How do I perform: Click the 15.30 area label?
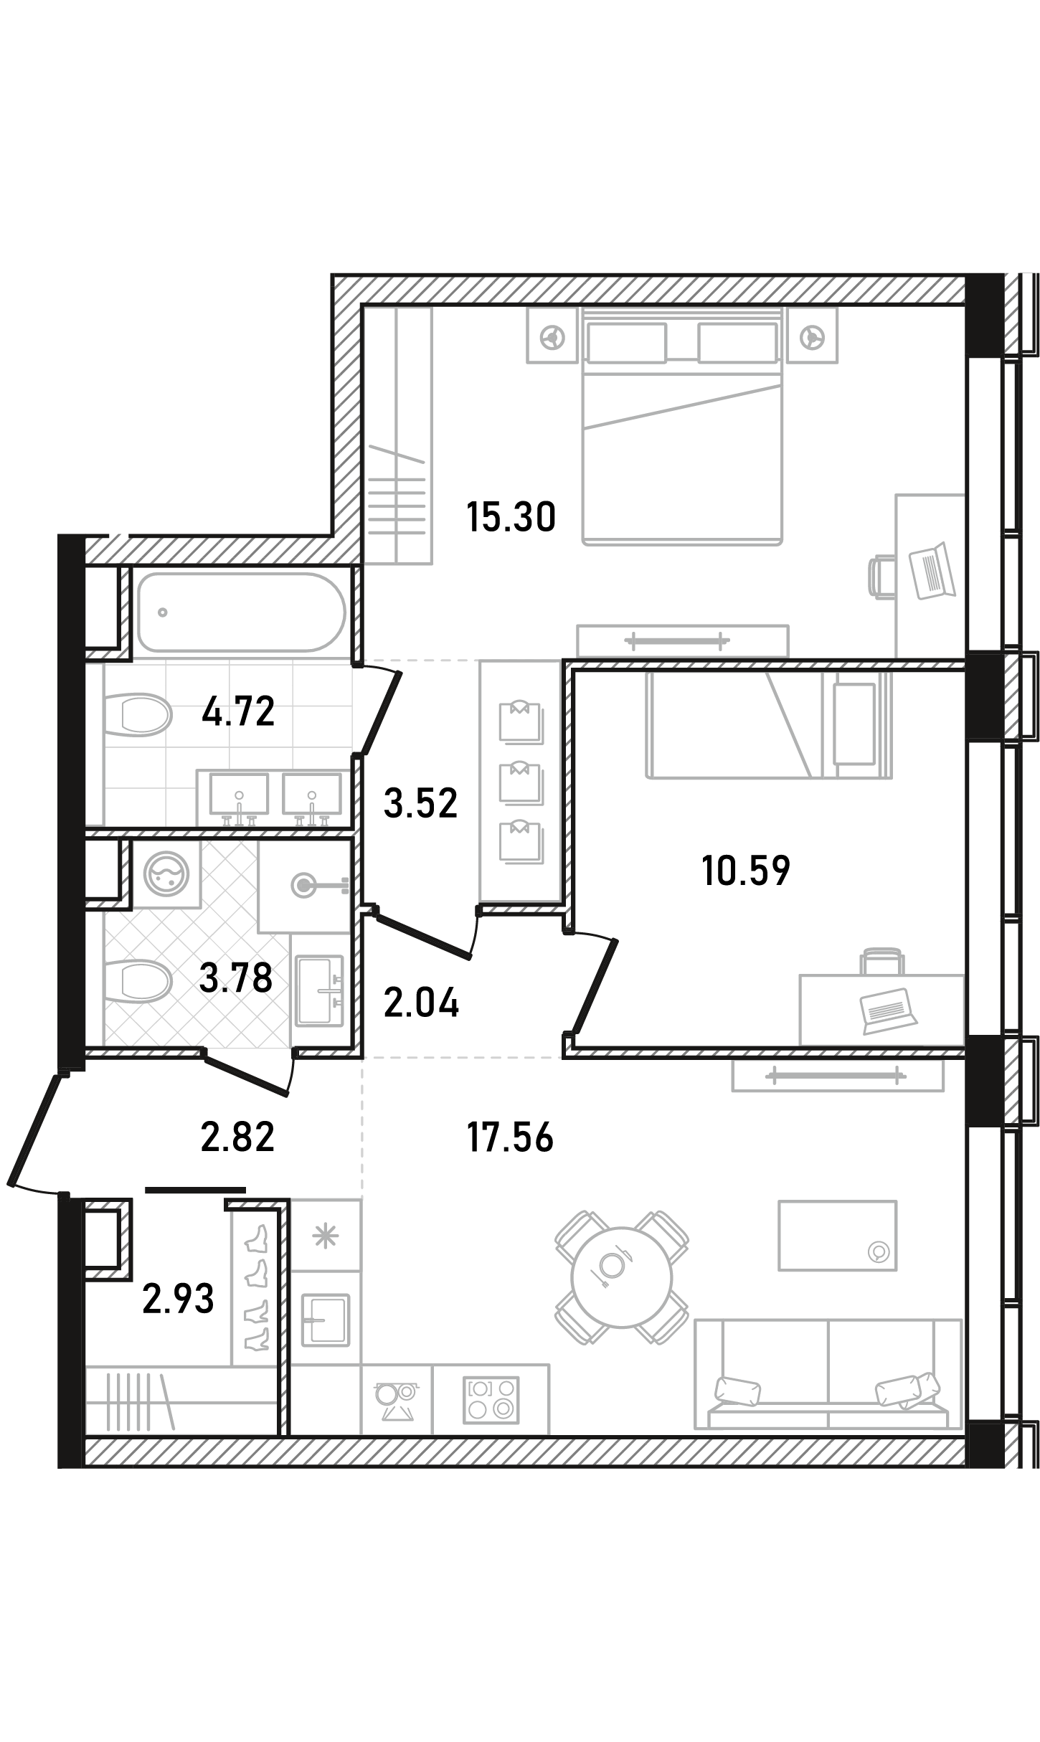click(x=511, y=517)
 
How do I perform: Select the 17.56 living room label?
click(x=510, y=1137)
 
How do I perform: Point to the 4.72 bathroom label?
click(x=238, y=712)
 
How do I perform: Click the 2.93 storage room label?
click(x=179, y=1299)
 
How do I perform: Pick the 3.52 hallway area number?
click(x=420, y=803)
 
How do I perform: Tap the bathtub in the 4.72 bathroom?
click(x=242, y=612)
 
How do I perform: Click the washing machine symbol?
click(x=166, y=874)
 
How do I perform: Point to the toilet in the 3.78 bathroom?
click(x=138, y=980)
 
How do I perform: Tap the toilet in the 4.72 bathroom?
click(x=138, y=714)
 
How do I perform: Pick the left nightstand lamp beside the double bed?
click(x=552, y=336)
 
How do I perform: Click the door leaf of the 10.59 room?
click(x=595, y=986)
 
